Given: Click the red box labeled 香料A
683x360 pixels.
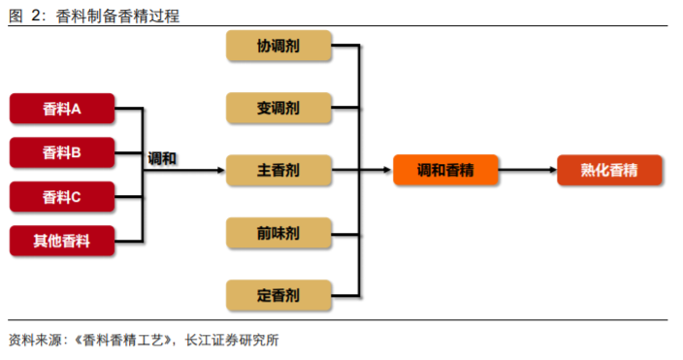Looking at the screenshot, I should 62,109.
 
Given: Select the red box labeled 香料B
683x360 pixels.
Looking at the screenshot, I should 62,152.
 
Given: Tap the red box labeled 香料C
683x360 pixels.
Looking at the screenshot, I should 62,197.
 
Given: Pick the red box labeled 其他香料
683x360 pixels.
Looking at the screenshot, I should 62,241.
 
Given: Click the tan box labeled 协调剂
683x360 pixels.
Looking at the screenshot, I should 278,46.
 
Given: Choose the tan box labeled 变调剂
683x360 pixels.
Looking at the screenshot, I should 278,108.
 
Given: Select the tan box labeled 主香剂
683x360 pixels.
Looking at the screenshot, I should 278,171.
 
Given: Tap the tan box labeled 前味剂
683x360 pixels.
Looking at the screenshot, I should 278,233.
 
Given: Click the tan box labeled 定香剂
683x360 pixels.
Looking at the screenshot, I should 278,295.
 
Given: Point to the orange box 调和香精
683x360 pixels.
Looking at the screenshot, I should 445,171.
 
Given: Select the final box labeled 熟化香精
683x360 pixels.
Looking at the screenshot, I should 609,171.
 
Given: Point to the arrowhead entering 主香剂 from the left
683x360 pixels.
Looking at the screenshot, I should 220,171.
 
